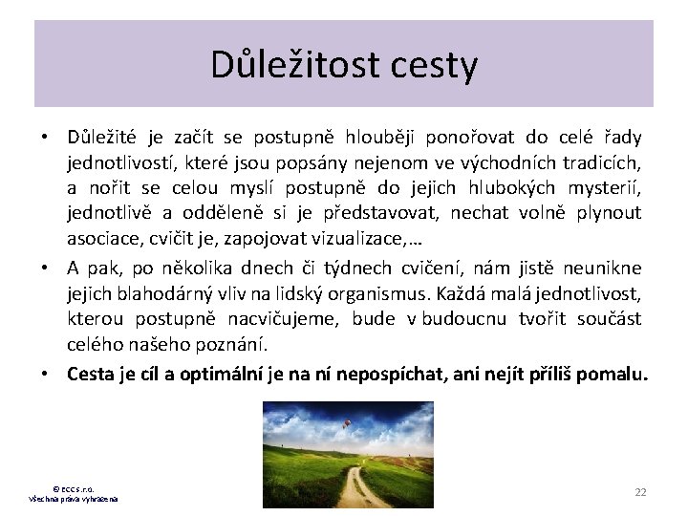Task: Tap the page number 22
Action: click(640, 491)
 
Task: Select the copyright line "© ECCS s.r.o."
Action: click(74, 489)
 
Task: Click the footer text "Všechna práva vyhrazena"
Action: click(74, 500)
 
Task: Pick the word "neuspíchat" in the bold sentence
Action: click(394, 375)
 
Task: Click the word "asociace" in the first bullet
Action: click(100, 238)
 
